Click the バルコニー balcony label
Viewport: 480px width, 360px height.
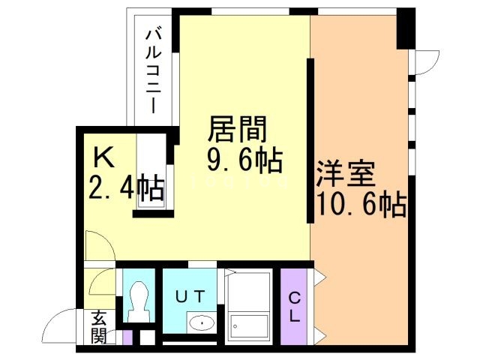(x=153, y=69)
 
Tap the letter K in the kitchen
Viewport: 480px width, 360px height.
(x=103, y=157)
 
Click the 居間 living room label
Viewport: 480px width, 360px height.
(x=237, y=130)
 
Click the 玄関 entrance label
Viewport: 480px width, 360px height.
(x=100, y=326)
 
